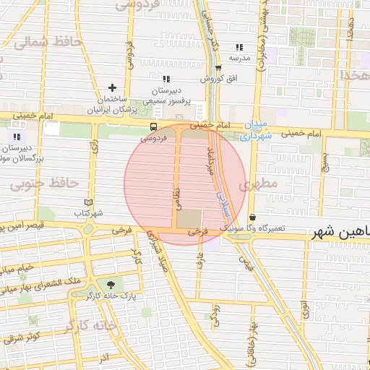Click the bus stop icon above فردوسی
152,126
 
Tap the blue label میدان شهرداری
257,129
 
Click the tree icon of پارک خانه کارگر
111,285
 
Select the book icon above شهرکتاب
89,203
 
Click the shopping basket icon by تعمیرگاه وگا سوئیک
252,218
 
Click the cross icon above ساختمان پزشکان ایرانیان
112,87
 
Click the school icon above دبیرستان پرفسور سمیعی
166,79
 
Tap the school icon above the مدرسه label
239,47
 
